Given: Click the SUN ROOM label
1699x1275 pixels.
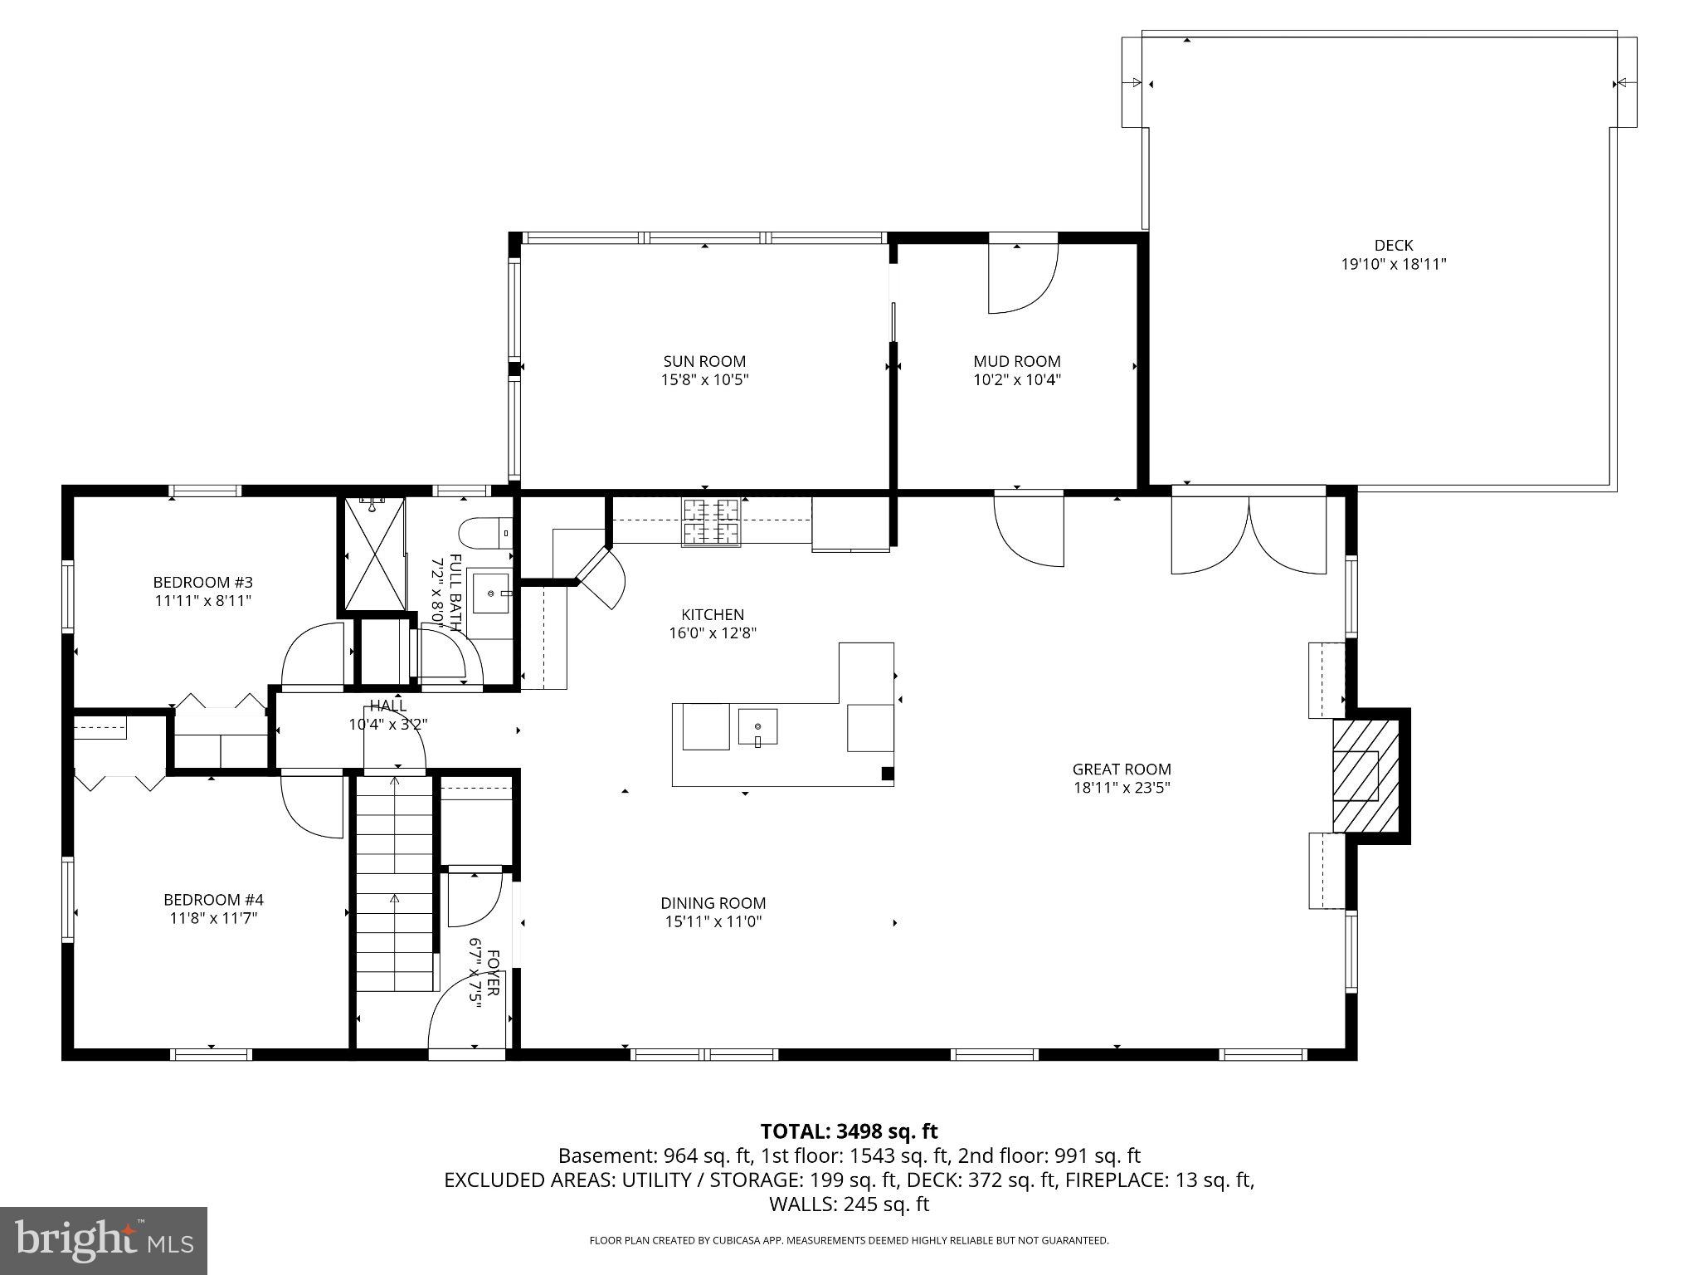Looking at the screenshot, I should [704, 361].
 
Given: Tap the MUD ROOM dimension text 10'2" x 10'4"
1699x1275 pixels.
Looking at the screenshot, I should [1017, 380].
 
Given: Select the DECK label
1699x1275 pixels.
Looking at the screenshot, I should [1394, 245].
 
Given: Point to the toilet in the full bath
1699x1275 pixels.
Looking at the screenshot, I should [484, 533].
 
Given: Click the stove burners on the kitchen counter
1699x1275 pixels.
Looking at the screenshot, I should [710, 521].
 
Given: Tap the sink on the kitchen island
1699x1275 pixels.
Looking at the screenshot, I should [757, 727].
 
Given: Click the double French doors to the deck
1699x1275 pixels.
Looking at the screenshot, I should [1249, 533].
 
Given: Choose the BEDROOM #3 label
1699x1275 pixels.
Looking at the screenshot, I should [202, 582].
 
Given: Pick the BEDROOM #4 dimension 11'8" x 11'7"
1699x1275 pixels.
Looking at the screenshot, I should [213, 918].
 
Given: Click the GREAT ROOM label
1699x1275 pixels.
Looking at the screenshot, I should [1122, 769].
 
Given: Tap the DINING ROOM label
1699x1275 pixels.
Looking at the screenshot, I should [713, 903].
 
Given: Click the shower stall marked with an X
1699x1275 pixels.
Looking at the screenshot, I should [375, 554].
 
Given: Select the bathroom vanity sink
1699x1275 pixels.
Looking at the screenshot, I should [489, 591].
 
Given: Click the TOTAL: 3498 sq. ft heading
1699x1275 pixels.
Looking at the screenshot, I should [849, 1131].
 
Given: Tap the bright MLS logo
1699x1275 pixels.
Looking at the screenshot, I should [104, 1240].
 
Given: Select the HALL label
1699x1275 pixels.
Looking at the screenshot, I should [388, 706].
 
